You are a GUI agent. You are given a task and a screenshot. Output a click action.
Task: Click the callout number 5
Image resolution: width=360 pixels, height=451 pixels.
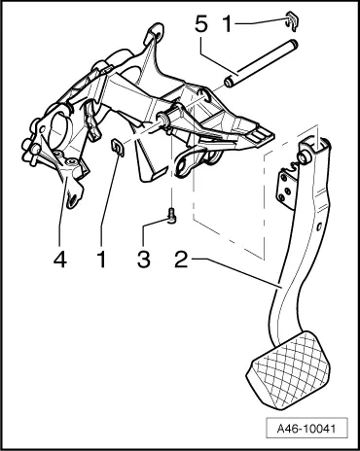(202, 20)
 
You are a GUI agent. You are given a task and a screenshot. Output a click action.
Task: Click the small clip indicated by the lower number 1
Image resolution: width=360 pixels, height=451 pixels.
(115, 148)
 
